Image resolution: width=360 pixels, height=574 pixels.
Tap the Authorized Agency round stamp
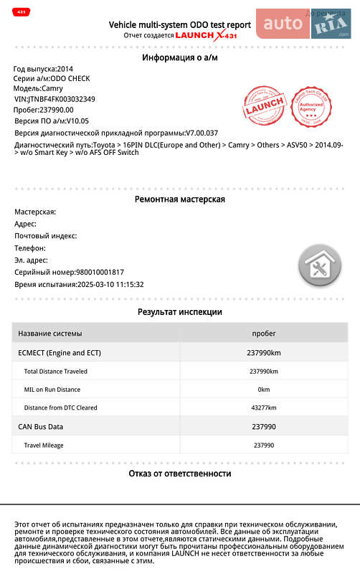coord(312,109)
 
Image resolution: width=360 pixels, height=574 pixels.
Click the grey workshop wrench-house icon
coord(320,267)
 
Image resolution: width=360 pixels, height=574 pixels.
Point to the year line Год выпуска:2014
coord(43,69)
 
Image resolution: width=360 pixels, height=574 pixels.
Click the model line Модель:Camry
coord(39,89)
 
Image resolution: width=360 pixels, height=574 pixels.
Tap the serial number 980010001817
coord(100,272)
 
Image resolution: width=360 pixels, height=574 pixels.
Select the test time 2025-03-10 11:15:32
coord(110,284)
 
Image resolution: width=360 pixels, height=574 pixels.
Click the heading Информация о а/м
coord(180,57)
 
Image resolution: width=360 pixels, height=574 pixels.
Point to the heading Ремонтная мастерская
coord(180,199)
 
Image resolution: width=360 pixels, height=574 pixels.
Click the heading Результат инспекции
coord(180,312)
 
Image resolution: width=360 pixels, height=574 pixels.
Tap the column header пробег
coord(263,334)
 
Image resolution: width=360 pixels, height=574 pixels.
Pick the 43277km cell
coord(263,408)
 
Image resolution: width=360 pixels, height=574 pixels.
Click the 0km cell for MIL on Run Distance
coord(263,390)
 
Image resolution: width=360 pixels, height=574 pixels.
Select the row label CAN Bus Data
coord(41,427)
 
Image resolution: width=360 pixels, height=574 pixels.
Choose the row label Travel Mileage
coord(44,446)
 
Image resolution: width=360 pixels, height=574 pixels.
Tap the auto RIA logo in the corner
coord(303,24)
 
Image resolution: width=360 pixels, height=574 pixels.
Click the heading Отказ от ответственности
coord(180,474)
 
